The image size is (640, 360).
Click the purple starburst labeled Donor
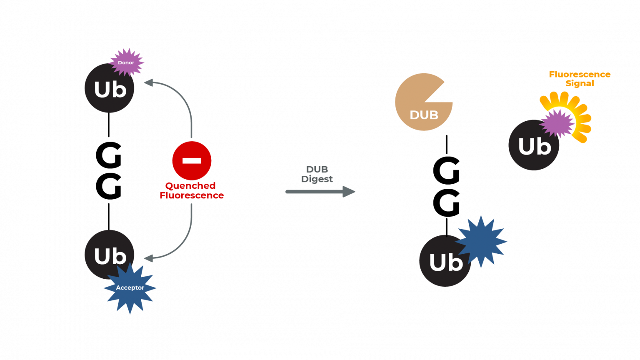(126, 62)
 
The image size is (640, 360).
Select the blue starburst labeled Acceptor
(130, 288)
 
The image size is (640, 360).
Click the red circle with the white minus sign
(192, 160)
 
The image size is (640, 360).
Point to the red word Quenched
(190, 186)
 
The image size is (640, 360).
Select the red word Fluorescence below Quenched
(192, 195)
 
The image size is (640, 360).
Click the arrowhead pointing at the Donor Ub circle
(148, 82)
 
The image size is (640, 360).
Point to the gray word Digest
(317, 179)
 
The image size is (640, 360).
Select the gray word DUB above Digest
(317, 170)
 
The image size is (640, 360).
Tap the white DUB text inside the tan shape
(424, 115)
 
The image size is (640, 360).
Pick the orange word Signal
(580, 83)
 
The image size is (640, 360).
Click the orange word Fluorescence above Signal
(580, 75)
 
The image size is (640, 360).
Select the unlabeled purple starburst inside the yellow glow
(557, 123)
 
